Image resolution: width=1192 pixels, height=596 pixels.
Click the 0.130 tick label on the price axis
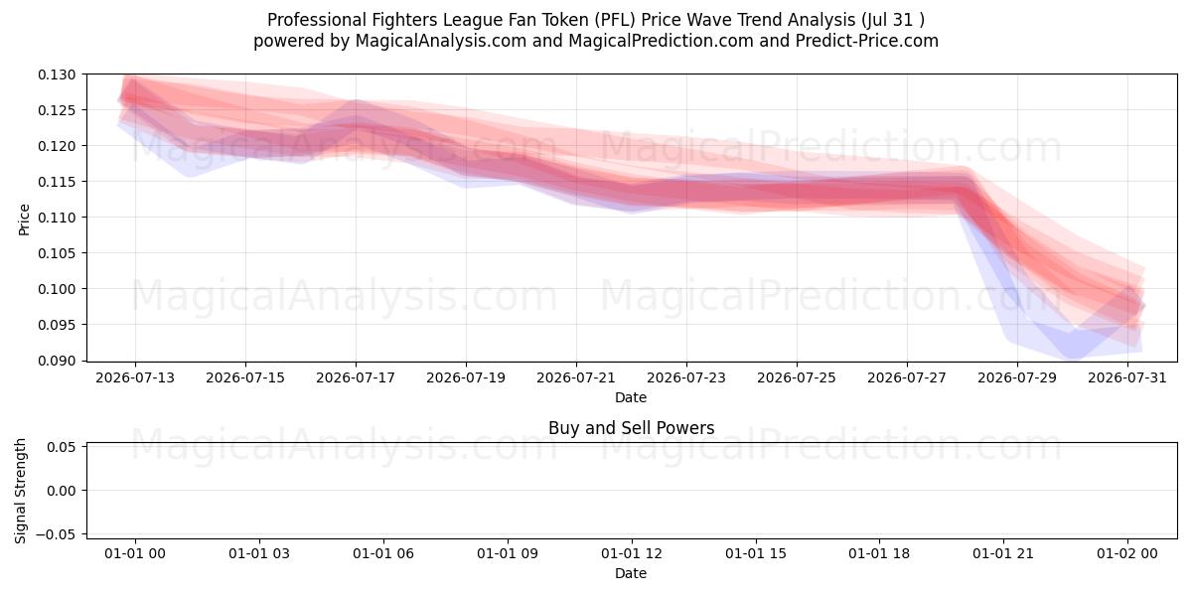(x=57, y=75)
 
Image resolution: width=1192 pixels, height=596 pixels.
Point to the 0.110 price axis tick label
(x=57, y=218)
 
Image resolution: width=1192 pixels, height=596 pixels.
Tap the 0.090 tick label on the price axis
(x=57, y=361)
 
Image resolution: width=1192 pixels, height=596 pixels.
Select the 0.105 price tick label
(x=57, y=253)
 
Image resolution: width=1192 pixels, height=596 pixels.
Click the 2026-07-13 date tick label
(x=135, y=377)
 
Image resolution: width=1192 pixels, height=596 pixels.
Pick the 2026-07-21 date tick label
(x=576, y=377)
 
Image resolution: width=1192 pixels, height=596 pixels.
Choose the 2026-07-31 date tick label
(x=1127, y=377)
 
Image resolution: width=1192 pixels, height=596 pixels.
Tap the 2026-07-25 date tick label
(x=797, y=377)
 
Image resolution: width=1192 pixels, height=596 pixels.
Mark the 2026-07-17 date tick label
(x=356, y=377)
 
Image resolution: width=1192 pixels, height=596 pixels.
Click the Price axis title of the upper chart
(x=24, y=220)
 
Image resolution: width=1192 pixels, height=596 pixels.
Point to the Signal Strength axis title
(x=20, y=491)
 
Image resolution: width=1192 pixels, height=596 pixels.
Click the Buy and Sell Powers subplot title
(x=631, y=428)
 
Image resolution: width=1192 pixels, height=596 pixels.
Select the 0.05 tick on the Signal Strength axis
(x=62, y=447)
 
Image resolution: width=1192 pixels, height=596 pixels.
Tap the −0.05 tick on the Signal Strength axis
(x=57, y=534)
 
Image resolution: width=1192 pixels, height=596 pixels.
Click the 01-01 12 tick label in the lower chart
(x=632, y=553)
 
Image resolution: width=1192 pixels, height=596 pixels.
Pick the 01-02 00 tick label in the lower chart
(x=1127, y=553)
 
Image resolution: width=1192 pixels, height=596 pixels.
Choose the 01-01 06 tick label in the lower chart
(x=383, y=553)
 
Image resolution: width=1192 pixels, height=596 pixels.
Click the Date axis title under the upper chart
(x=631, y=397)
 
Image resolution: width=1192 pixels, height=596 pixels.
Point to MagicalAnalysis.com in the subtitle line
(x=441, y=41)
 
